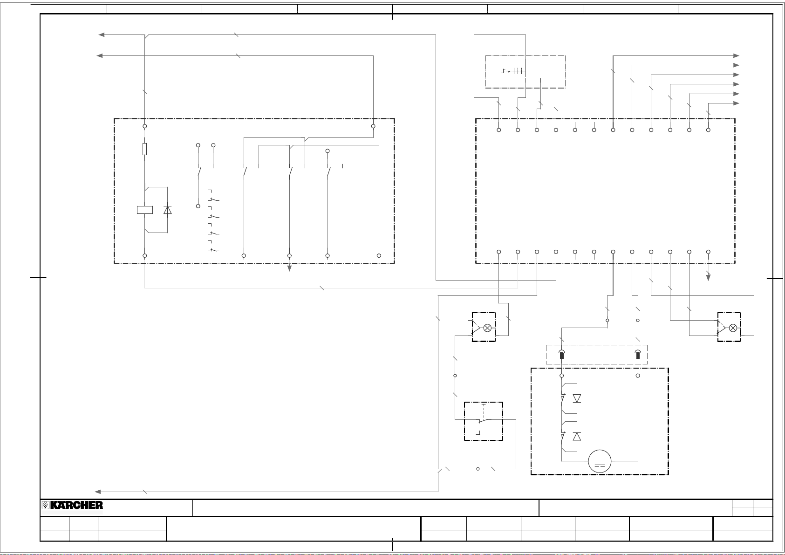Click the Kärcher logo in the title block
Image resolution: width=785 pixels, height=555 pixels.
pyautogui.click(x=73, y=505)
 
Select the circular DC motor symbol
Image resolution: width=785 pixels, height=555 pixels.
pyautogui.click(x=600, y=461)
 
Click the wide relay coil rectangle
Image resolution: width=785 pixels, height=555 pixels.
pyautogui.click(x=145, y=210)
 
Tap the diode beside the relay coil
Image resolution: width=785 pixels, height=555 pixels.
pyautogui.click(x=168, y=210)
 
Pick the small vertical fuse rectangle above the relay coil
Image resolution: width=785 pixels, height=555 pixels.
pyautogui.click(x=145, y=149)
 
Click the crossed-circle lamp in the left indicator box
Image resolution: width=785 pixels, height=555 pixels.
pyautogui.click(x=487, y=328)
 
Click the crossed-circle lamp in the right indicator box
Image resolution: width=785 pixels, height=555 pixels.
pyautogui.click(x=733, y=328)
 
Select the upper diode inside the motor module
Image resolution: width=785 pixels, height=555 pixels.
pyautogui.click(x=577, y=398)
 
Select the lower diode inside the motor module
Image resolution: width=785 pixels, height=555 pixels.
pyautogui.click(x=577, y=437)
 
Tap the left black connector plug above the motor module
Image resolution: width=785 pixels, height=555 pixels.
pyautogui.click(x=562, y=355)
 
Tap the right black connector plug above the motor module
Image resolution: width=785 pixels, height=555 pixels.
pyautogui.click(x=638, y=355)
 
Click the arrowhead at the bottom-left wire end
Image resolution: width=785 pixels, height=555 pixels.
pyautogui.click(x=98, y=492)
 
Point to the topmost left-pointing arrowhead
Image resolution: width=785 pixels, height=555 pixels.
pyautogui.click(x=101, y=34)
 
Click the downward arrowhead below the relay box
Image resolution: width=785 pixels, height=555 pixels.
pyautogui.click(x=289, y=268)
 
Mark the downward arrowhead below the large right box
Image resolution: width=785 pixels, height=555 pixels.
pyautogui.click(x=708, y=277)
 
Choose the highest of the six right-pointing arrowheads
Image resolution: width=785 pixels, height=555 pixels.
pyautogui.click(x=736, y=55)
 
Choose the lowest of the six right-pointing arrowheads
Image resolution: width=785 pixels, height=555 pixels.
pyautogui.click(x=736, y=103)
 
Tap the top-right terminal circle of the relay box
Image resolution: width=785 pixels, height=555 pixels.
pyautogui.click(x=373, y=126)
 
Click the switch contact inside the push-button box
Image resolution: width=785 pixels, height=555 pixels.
pyautogui.click(x=484, y=420)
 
